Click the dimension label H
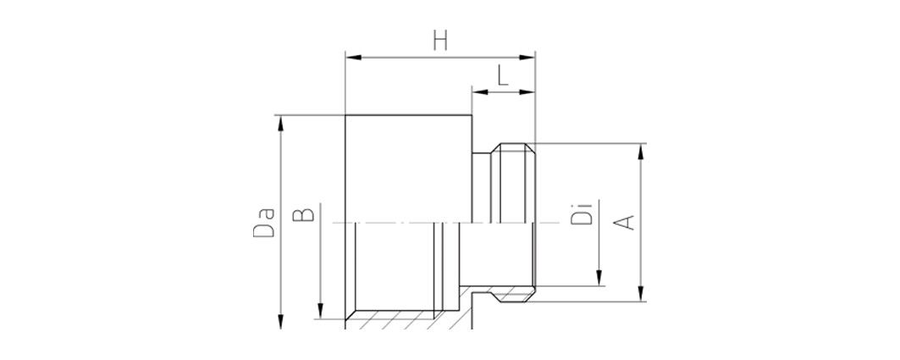(440, 42)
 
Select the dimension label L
(503, 75)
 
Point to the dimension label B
(304, 214)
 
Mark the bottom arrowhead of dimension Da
(281, 321)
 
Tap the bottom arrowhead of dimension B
(320, 311)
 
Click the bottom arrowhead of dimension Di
(599, 277)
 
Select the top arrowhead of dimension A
(641, 151)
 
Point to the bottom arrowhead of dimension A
(641, 293)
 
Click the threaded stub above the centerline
(513, 183)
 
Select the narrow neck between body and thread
(482, 187)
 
